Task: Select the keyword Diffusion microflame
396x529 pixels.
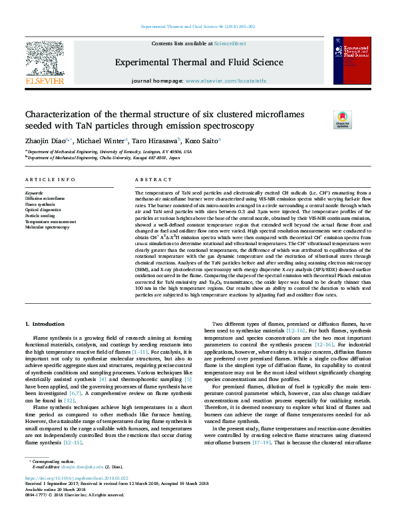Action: (45, 199)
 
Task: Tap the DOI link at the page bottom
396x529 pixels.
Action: (76, 497)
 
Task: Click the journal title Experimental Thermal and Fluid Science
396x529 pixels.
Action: (199, 61)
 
